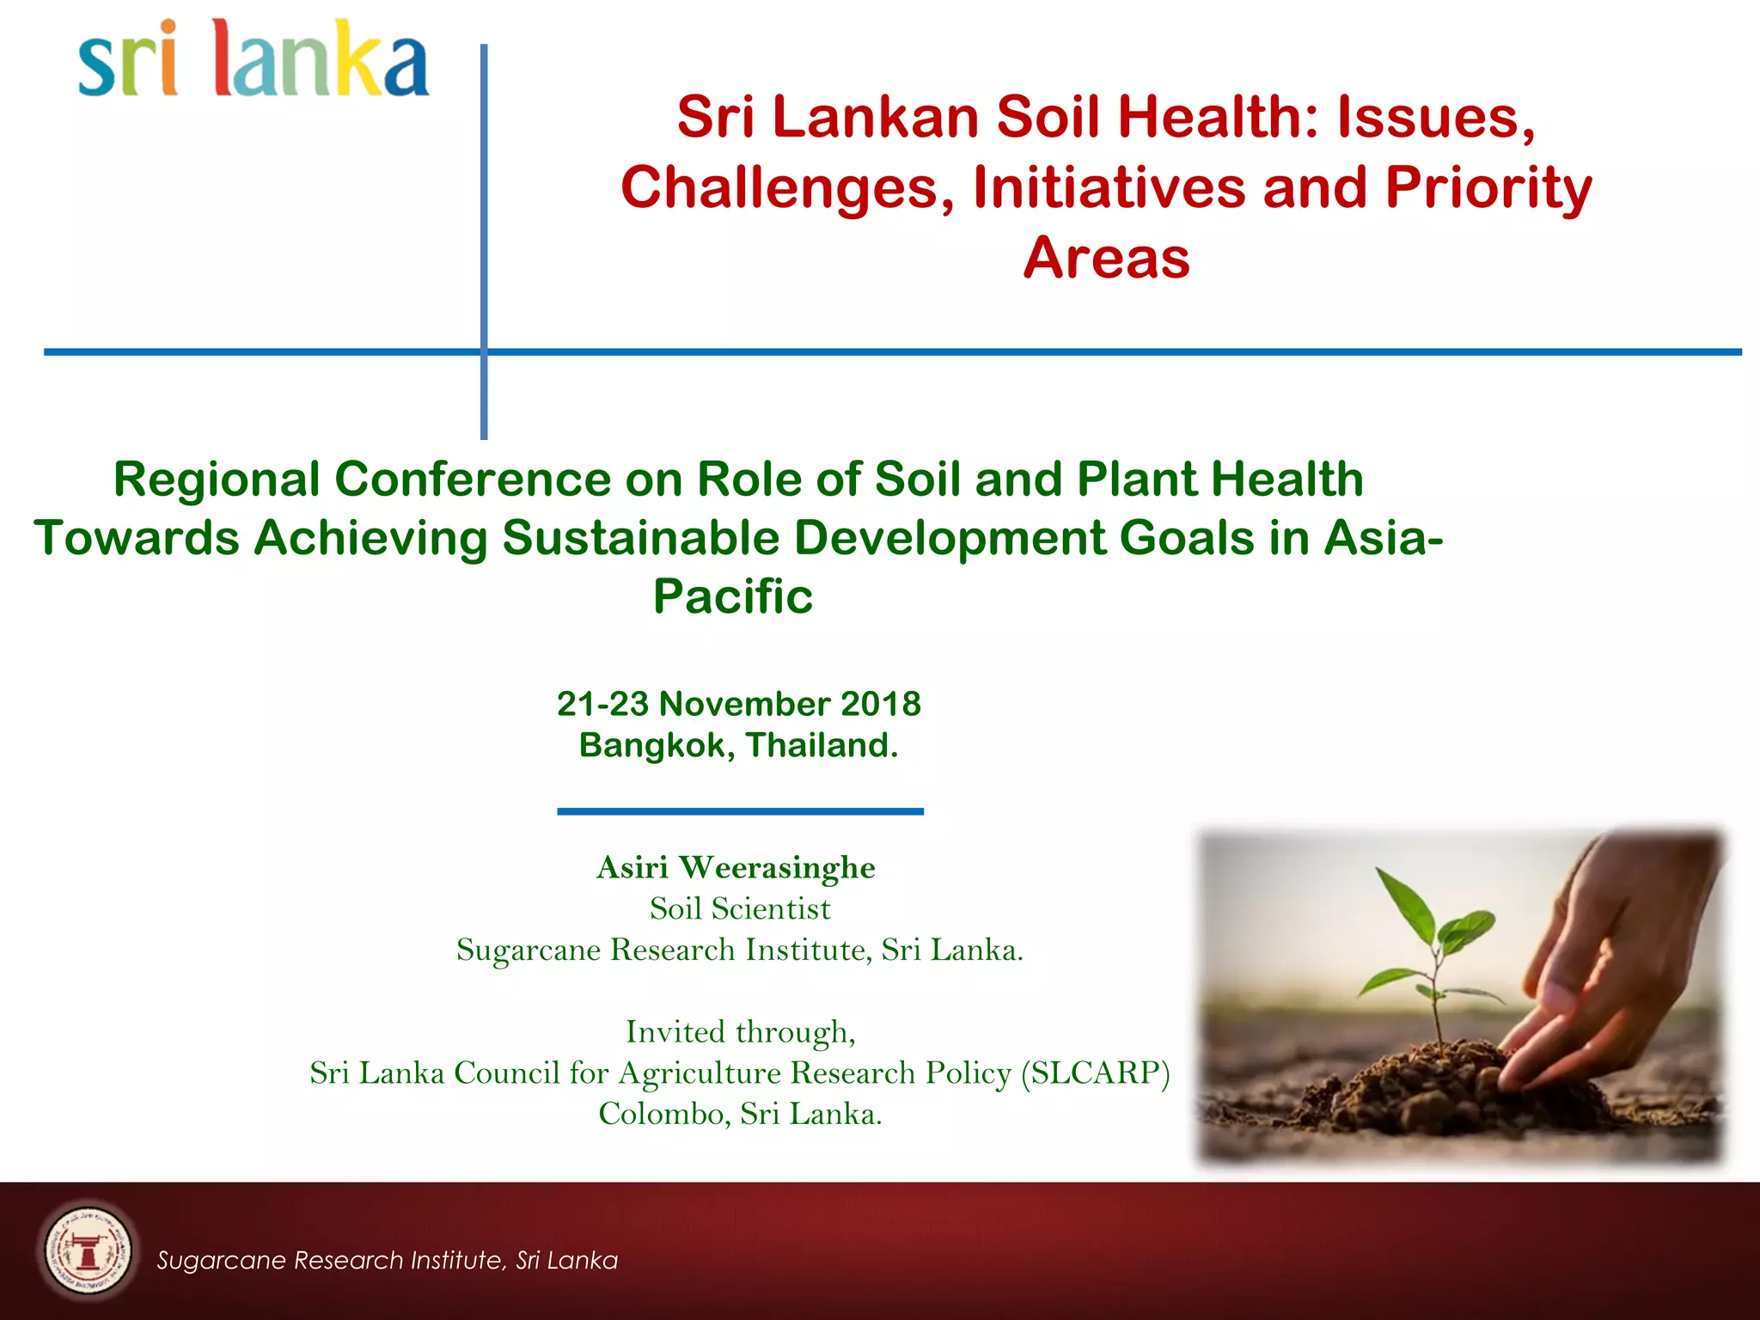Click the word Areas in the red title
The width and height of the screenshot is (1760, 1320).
coord(1106,258)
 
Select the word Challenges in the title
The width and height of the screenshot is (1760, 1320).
coord(787,187)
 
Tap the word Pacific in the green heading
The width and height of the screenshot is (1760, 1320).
coord(733,596)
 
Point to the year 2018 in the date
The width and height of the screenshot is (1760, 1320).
coord(880,704)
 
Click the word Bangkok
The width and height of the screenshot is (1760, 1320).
coord(652,745)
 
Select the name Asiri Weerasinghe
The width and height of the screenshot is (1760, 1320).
coord(736,868)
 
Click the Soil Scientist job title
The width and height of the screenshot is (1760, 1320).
coord(740,909)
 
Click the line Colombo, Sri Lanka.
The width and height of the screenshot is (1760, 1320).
coord(740,1115)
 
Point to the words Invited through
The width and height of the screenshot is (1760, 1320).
coord(740,1032)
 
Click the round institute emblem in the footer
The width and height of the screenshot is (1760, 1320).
coord(87,1250)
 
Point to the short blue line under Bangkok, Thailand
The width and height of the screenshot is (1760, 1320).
coord(740,811)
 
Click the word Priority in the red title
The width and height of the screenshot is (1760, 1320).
coord(1488,187)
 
